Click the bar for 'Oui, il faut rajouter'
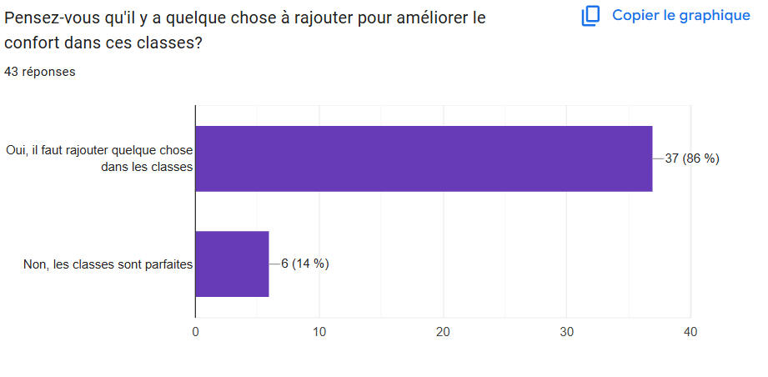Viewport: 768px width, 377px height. [x=424, y=158]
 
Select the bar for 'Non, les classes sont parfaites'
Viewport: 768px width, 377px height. [x=232, y=264]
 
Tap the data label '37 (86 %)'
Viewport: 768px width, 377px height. [x=691, y=158]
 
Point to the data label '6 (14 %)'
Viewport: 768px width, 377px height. [x=305, y=264]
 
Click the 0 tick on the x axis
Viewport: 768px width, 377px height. [x=195, y=332]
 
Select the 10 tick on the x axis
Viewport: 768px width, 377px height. [x=319, y=332]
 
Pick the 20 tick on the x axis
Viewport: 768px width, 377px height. [x=443, y=332]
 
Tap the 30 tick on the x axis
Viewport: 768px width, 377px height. [x=567, y=332]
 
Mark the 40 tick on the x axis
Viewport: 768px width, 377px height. [x=690, y=332]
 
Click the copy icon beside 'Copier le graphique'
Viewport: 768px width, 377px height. [x=591, y=16]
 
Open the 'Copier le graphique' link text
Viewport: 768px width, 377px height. [x=680, y=16]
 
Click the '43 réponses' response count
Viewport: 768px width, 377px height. [x=40, y=72]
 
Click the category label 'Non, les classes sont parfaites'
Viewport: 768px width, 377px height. [x=108, y=264]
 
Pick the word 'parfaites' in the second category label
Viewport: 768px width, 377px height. [x=168, y=264]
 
